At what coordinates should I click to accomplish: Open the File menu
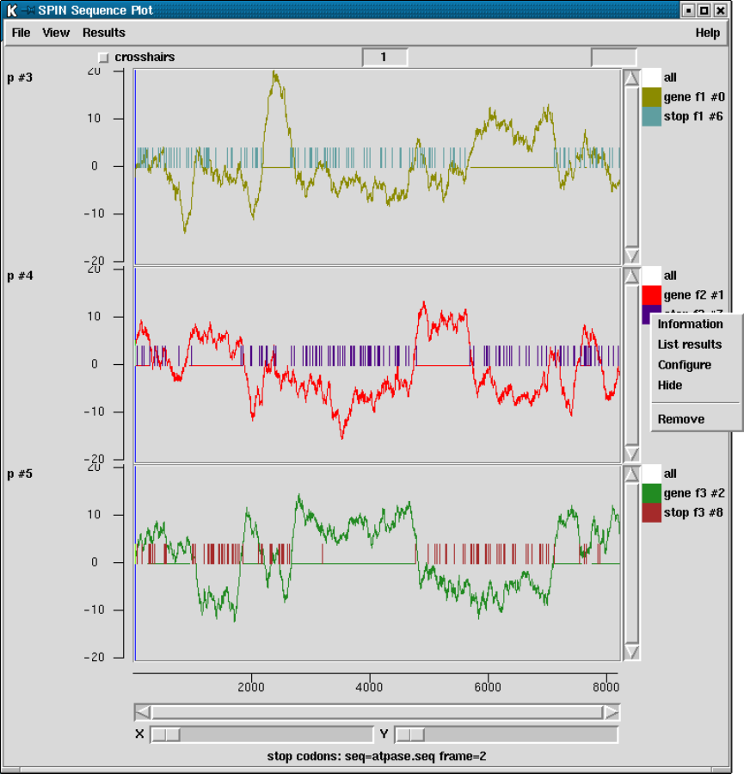pyautogui.click(x=21, y=33)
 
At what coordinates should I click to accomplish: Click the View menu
pyautogui.click(x=56, y=33)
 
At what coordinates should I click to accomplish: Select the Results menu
pyautogui.click(x=104, y=33)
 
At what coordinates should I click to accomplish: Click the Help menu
pyautogui.click(x=708, y=33)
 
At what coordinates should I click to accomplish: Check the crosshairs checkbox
pyautogui.click(x=104, y=58)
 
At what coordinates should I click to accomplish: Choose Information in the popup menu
pyautogui.click(x=690, y=325)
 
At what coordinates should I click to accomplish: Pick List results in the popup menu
pyautogui.click(x=690, y=344)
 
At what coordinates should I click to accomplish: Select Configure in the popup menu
pyautogui.click(x=685, y=365)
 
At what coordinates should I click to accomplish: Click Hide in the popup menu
pyautogui.click(x=670, y=385)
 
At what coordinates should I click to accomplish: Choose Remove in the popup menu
pyautogui.click(x=681, y=419)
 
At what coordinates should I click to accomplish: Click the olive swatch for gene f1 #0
pyautogui.click(x=652, y=96)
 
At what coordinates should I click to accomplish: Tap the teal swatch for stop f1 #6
pyautogui.click(x=652, y=116)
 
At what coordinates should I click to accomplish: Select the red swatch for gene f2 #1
pyautogui.click(x=652, y=294)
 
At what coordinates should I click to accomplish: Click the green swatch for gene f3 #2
pyautogui.click(x=652, y=492)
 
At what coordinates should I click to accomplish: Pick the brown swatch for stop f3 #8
pyautogui.click(x=652, y=512)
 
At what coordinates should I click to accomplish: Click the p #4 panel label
pyautogui.click(x=19, y=276)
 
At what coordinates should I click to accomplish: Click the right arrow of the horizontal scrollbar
pyautogui.click(x=611, y=712)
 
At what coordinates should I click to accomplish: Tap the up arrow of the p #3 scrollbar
pyautogui.click(x=631, y=78)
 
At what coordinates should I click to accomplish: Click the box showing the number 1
pyautogui.click(x=384, y=58)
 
